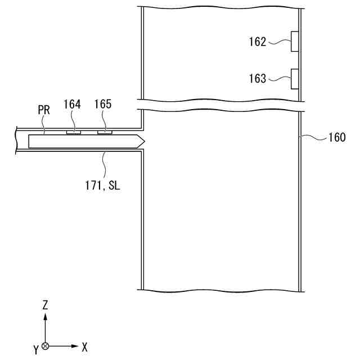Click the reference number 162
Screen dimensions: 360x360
257,42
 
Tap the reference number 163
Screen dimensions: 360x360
257,79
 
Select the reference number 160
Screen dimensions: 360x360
337,137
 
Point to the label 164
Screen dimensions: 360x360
72,105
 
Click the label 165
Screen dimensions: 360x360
103,105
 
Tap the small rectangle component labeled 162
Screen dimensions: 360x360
294,42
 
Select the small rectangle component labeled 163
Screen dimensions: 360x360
294,79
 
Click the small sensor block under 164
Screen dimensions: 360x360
73,133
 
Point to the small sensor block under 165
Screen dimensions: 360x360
105,133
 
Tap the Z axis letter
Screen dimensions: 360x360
46,305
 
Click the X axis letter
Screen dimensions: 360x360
84,347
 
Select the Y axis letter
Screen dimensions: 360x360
35,350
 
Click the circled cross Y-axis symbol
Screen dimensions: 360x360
46,346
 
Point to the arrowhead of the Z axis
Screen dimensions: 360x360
46,316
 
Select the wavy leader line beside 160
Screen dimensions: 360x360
314,137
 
